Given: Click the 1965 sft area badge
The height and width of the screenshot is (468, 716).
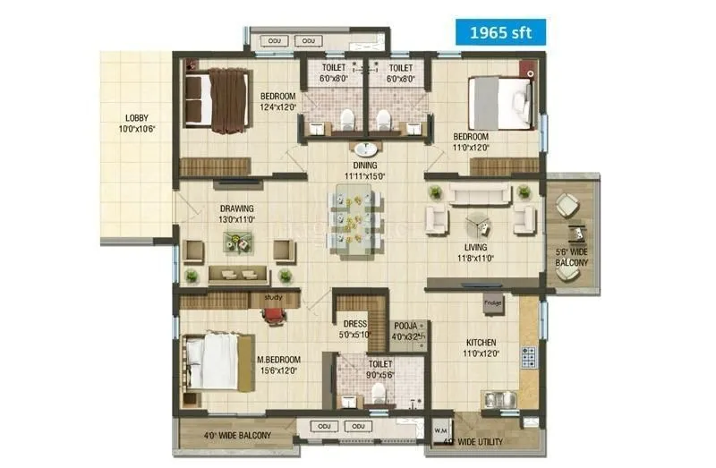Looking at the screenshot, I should (x=500, y=32).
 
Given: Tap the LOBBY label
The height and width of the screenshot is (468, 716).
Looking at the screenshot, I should (x=137, y=118).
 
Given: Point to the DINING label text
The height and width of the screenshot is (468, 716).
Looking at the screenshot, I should (x=364, y=166).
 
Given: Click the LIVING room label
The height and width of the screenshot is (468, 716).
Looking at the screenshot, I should (x=475, y=247).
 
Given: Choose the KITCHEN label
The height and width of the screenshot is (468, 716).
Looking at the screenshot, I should (x=481, y=343).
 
